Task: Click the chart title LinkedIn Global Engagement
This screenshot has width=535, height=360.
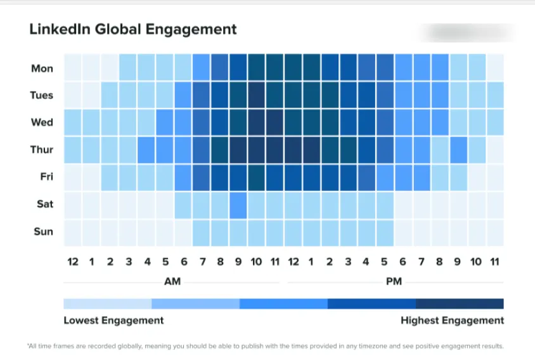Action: click(x=133, y=29)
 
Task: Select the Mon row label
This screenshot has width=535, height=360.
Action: click(x=42, y=68)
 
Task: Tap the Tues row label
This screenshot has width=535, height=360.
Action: click(x=42, y=95)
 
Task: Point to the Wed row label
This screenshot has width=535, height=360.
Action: click(x=42, y=122)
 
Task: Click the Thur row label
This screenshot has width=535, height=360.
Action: click(x=42, y=150)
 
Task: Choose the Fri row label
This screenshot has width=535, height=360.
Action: click(x=46, y=177)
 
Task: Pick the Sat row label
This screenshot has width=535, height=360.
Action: click(x=44, y=204)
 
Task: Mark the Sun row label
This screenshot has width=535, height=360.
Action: click(x=43, y=231)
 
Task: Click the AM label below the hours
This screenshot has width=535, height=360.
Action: click(x=172, y=281)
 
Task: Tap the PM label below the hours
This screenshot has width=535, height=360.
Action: click(x=394, y=281)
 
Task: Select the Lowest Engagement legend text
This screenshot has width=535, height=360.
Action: click(x=113, y=320)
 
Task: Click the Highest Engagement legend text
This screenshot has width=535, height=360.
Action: click(x=452, y=320)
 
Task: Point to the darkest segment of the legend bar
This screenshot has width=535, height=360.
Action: click(x=460, y=304)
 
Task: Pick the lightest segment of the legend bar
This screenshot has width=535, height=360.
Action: click(x=107, y=304)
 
